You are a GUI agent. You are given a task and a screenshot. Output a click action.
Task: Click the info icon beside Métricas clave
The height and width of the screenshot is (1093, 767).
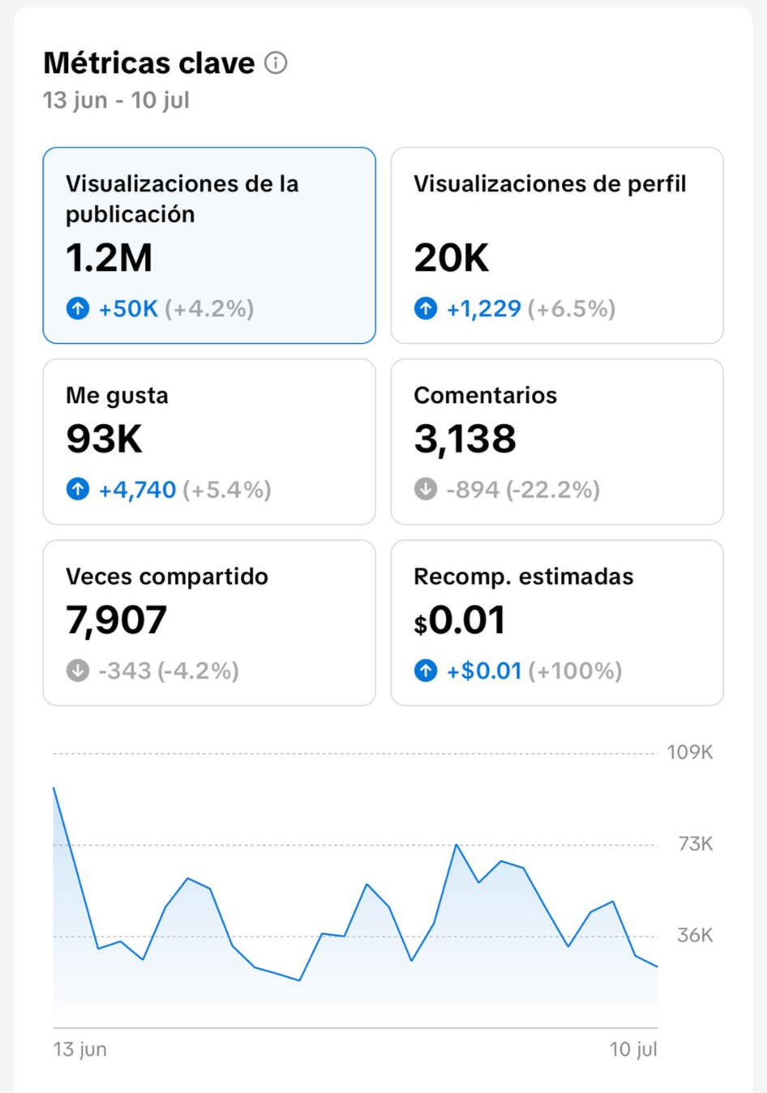coord(276,63)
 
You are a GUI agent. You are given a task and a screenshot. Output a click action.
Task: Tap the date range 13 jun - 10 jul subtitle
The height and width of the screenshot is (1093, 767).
coord(116,100)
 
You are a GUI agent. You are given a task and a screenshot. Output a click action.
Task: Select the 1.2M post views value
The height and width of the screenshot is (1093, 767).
coord(109,258)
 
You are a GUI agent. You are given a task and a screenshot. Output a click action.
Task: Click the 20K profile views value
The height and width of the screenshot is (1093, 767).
coord(451,258)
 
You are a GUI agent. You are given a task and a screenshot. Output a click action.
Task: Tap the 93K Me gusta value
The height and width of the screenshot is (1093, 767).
coord(104,439)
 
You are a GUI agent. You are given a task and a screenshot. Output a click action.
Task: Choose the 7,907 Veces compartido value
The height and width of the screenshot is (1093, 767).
coord(117,620)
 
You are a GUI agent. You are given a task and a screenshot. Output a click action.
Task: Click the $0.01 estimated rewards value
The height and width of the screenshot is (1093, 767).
coord(460,619)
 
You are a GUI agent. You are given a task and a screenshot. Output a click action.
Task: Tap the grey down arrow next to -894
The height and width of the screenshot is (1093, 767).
coord(426,489)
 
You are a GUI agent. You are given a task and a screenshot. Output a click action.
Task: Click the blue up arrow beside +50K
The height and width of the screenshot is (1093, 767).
coord(78,308)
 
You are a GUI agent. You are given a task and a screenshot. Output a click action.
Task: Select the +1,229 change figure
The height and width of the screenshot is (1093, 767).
coord(484,309)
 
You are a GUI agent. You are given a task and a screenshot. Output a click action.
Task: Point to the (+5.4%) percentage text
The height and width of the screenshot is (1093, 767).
coord(227,490)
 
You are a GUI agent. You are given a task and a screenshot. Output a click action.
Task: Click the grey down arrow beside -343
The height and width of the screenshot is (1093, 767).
coord(78,670)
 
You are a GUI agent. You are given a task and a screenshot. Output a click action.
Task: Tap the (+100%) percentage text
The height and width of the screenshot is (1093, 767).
coord(576,671)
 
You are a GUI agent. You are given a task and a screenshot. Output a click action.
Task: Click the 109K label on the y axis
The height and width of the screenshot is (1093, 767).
coord(690,752)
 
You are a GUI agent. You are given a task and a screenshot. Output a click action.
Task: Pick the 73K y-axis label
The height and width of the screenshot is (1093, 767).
coord(696,843)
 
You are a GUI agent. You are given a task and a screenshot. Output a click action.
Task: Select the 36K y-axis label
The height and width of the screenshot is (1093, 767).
coord(696,935)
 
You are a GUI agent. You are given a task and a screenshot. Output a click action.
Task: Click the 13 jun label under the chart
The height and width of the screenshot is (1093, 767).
coord(80,1049)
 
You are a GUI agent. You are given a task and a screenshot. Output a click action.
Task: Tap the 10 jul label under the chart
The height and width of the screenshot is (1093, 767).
coord(633,1049)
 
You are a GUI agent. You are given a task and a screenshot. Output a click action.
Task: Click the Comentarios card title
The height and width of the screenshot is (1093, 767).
coord(486,395)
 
